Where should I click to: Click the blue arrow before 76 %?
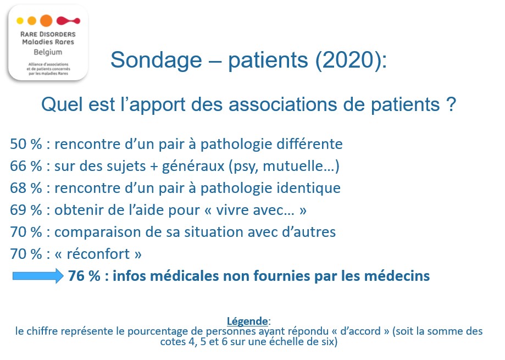[x=38, y=276]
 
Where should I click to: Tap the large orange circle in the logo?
[x=46, y=20]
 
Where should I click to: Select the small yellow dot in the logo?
[x=20, y=21]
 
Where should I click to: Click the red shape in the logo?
[x=68, y=21]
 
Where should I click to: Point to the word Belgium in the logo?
[x=48, y=52]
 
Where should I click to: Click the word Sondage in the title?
[x=156, y=60]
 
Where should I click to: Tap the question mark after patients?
[x=452, y=104]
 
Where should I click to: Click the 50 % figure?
[x=26, y=144]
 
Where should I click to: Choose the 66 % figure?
[x=26, y=166]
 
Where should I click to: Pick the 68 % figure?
[x=26, y=188]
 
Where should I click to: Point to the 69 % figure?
[x=26, y=210]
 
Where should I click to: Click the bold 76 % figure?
[x=85, y=276]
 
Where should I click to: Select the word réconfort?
[x=98, y=254]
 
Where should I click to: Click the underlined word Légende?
[x=247, y=321]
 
